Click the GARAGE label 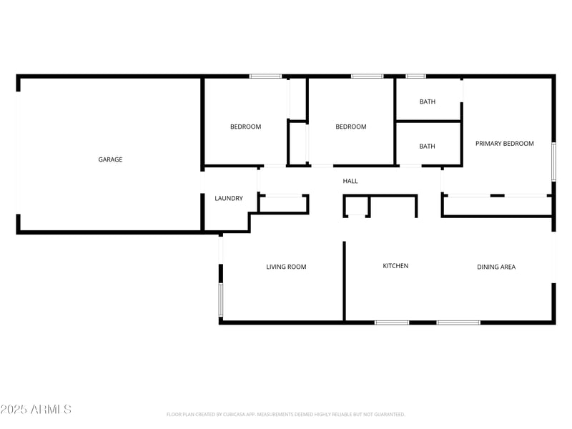(110, 159)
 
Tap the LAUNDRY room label (229, 198)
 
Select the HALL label (350, 181)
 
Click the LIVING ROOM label (286, 267)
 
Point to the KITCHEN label (395, 266)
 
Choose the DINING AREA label (496, 267)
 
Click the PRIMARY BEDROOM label (504, 144)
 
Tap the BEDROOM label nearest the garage (245, 127)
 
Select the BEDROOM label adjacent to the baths (351, 127)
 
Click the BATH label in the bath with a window (427, 102)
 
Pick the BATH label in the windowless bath (427, 147)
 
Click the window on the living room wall (221, 300)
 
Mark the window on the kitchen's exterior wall (392, 322)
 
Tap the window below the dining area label (458, 322)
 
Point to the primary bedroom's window (553, 162)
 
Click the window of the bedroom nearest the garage (265, 76)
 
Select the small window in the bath (415, 76)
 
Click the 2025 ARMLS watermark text (36, 410)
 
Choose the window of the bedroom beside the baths (367, 76)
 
